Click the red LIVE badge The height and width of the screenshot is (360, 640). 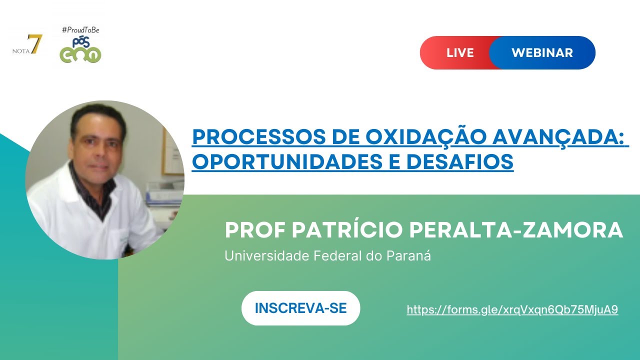459,52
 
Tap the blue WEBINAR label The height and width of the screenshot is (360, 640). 542,52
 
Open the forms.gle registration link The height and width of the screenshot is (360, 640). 512,310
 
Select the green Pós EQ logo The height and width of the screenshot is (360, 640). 80,50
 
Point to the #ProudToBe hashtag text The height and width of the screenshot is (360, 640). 80,30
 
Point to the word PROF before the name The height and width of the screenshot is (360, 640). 254,230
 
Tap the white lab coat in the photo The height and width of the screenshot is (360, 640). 65,210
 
